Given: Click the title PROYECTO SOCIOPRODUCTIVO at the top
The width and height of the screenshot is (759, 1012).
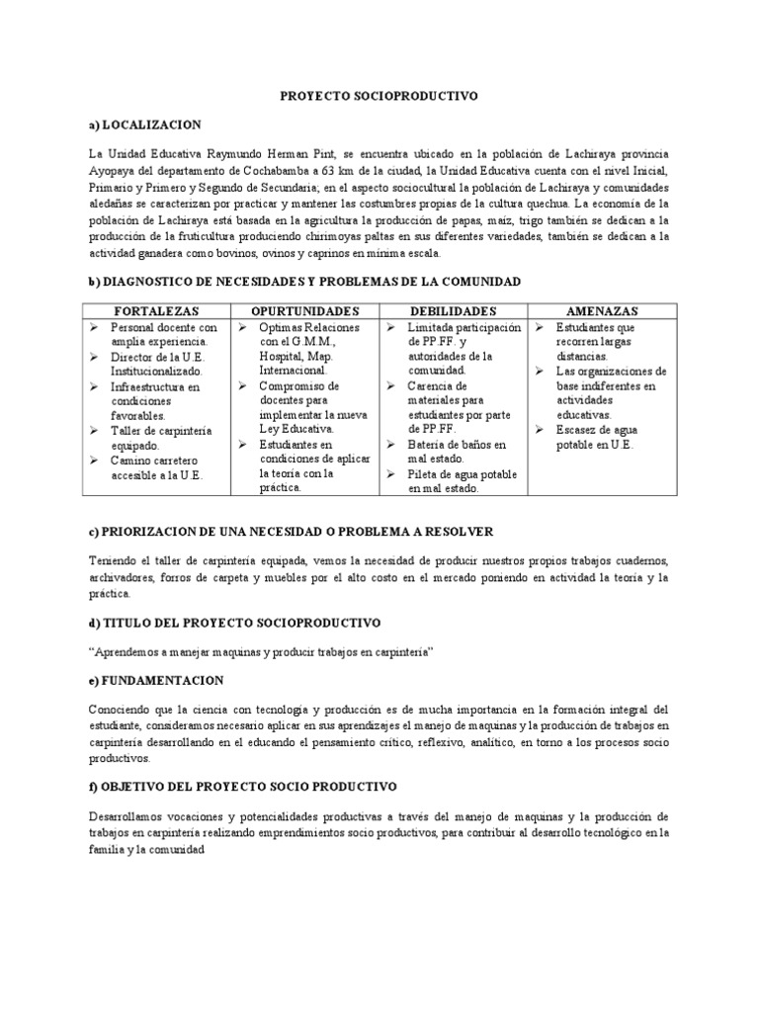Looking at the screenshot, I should tap(379, 96).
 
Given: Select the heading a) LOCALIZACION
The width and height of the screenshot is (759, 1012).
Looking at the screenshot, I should tap(144, 125).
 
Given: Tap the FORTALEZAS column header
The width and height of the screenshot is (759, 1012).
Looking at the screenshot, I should tap(155, 310).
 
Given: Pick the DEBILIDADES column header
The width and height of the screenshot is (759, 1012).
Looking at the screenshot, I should tap(454, 310).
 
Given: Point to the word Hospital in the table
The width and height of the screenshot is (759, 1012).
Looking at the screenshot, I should tap(281, 356).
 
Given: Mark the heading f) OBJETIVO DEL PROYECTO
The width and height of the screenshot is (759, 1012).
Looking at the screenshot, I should tap(242, 786).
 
